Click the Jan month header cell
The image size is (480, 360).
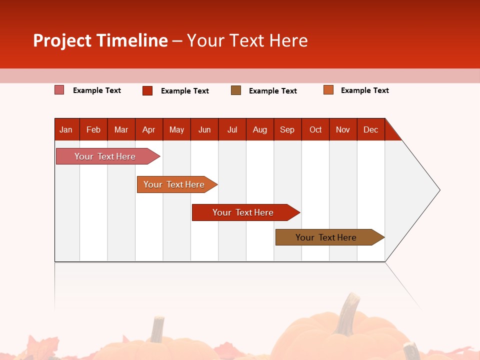tap(66, 129)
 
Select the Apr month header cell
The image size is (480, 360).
tap(149, 129)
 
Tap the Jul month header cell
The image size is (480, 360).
tap(232, 129)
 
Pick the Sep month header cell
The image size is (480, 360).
tap(287, 129)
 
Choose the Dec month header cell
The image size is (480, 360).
tap(370, 129)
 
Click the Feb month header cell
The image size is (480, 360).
tap(93, 129)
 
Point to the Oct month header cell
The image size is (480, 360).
tap(315, 129)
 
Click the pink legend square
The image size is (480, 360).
tap(59, 90)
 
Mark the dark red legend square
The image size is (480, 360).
tap(147, 90)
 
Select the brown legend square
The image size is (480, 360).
tap(236, 90)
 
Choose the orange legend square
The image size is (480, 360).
tap(328, 90)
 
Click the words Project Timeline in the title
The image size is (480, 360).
tap(100, 40)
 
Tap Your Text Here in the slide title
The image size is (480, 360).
tap(247, 40)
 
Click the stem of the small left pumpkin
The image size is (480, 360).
tap(158, 329)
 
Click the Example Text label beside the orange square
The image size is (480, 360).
tap(364, 90)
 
